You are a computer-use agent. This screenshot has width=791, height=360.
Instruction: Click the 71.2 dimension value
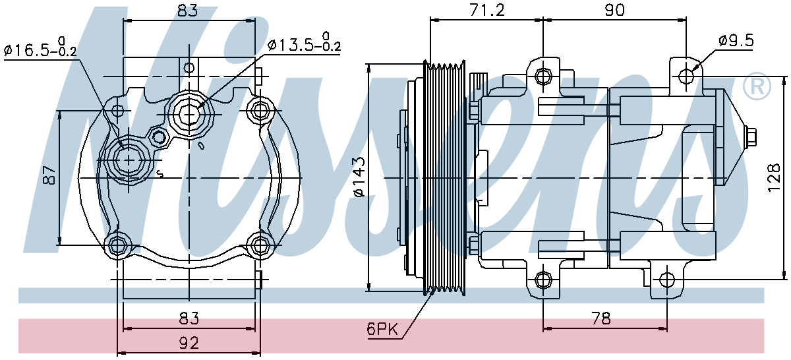pyautogui.click(x=487, y=11)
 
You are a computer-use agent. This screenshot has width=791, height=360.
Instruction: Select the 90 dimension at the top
pyautogui.click(x=615, y=11)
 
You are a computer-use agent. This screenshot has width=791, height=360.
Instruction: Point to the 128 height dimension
pyautogui.click(x=773, y=177)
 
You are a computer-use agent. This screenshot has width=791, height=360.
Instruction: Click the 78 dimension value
pyautogui.click(x=601, y=318)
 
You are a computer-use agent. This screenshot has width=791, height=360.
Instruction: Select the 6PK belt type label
pyautogui.click(x=382, y=329)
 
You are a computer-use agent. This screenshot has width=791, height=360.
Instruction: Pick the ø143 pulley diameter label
pyautogui.click(x=358, y=177)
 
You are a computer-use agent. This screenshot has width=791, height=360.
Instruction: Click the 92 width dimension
pyautogui.click(x=189, y=343)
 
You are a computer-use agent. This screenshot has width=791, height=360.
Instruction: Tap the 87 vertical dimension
pyautogui.click(x=49, y=175)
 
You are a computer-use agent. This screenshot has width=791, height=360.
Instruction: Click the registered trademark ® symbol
pyautogui.click(x=757, y=86)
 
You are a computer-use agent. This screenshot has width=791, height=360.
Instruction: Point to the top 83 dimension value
pyautogui.click(x=188, y=11)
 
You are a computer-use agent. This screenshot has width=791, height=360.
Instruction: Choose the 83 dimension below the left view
pyautogui.click(x=189, y=318)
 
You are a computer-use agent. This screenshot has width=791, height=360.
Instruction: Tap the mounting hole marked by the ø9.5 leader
pyautogui.click(x=686, y=76)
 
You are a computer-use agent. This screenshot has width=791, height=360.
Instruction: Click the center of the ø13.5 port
pyautogui.click(x=189, y=115)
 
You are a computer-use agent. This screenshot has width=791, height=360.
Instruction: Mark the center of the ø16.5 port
pyautogui.click(x=129, y=161)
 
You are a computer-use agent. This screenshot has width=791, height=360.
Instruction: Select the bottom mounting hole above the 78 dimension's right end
pyautogui.click(x=666, y=280)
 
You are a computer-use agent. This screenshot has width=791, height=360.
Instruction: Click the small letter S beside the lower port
pyautogui.click(x=160, y=174)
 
